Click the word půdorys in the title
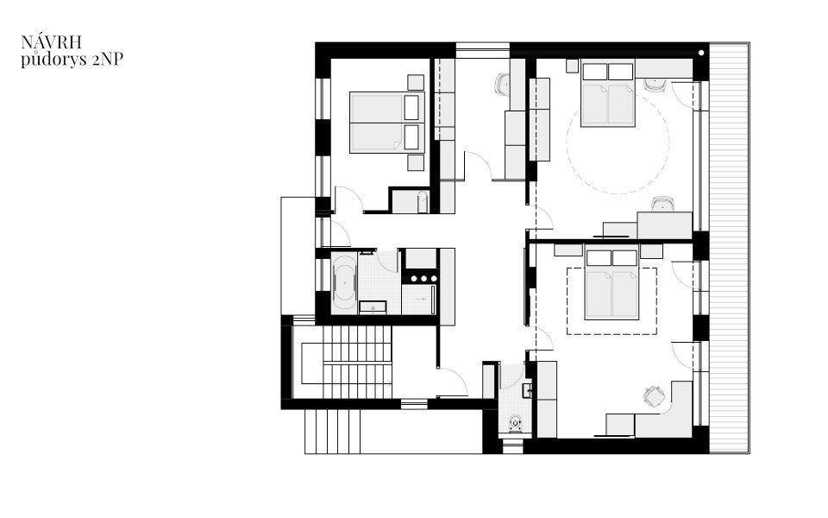coord(53,60)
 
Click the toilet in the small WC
coord(516,423)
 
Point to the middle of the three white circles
coord(423,279)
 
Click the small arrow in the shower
coord(420,300)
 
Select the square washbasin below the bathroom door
coord(373,306)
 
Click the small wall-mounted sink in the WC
coord(527,390)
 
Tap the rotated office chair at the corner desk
coord(654,396)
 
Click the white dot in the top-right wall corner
coord(700,53)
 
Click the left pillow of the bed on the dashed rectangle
coord(599,258)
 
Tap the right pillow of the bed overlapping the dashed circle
coord(620,72)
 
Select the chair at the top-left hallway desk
coord(503,85)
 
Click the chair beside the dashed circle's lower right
coord(663,204)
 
